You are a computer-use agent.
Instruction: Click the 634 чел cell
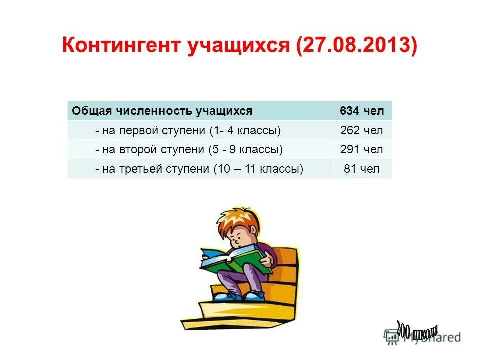(x=362, y=111)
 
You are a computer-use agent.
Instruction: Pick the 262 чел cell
(x=362, y=131)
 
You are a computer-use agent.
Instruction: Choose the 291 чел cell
(x=362, y=150)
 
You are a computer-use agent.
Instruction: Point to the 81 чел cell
(x=362, y=169)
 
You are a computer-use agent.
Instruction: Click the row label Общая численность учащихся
(x=162, y=111)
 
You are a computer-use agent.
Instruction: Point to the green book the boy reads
(x=235, y=262)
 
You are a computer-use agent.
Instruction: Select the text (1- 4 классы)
(x=245, y=131)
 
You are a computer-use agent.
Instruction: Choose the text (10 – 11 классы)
(x=258, y=169)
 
